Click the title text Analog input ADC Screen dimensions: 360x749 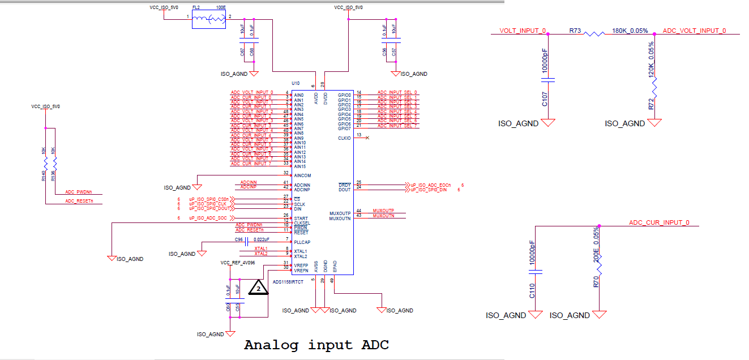[316, 345]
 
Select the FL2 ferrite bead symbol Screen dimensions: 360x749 [208, 20]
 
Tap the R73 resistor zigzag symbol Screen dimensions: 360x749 [594, 34]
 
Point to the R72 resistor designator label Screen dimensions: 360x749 [652, 104]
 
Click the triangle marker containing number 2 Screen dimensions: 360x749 [259, 288]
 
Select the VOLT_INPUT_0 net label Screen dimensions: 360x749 [522, 31]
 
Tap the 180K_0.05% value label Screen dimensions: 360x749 [630, 31]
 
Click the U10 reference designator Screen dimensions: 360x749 [296, 83]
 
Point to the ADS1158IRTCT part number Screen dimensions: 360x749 [288, 282]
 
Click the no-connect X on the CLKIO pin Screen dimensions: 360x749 [367, 138]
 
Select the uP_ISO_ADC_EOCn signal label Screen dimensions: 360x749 [433, 185]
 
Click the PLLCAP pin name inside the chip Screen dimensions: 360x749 [301, 242]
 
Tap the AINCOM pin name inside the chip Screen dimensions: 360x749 [302, 175]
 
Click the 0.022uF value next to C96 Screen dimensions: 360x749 [261, 240]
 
